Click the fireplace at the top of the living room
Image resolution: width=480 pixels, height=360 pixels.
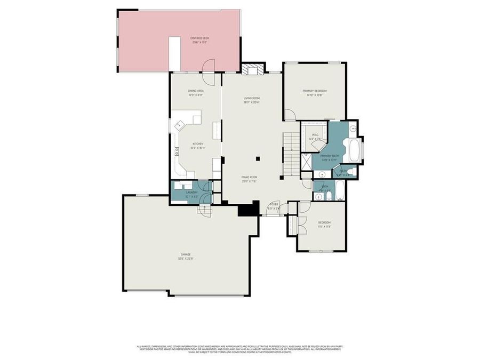252,69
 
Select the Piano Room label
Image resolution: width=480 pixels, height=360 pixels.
250,180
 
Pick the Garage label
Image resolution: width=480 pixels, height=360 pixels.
185,257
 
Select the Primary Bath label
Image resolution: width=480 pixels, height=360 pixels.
329,157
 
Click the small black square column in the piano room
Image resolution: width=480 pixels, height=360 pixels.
258,158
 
